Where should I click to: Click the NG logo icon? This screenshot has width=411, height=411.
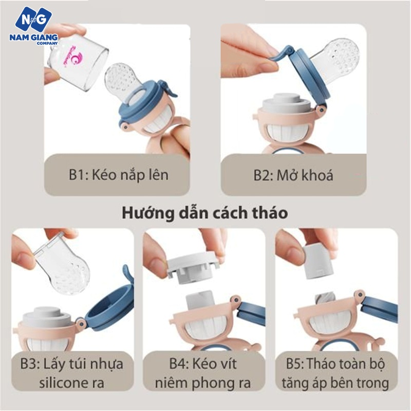33,19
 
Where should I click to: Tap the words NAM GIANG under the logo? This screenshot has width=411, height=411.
33,38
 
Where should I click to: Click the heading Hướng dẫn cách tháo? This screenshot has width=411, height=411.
205,213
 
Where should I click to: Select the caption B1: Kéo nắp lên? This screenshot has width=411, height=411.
119,175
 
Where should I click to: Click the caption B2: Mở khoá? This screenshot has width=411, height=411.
293,175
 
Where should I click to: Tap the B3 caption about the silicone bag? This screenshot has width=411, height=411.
72,373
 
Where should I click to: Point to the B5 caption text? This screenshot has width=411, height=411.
337,373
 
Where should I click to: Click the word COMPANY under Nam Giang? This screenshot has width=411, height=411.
47,44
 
